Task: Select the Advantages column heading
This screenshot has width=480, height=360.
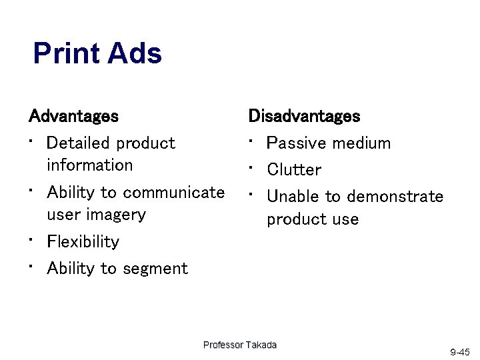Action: [73, 116]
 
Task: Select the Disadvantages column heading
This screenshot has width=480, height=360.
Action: [304, 116]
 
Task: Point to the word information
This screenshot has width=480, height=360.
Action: [89, 165]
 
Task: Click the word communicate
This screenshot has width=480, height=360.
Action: [174, 193]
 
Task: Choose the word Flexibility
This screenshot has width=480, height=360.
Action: [83, 241]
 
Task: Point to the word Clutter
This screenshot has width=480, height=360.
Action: [294, 170]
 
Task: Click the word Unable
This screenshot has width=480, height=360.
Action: [293, 197]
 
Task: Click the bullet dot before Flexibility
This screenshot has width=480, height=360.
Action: [31, 238]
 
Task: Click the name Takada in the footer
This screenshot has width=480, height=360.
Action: [261, 345]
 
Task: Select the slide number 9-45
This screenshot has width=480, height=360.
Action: [460, 351]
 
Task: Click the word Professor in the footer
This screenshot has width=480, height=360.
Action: [223, 345]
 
